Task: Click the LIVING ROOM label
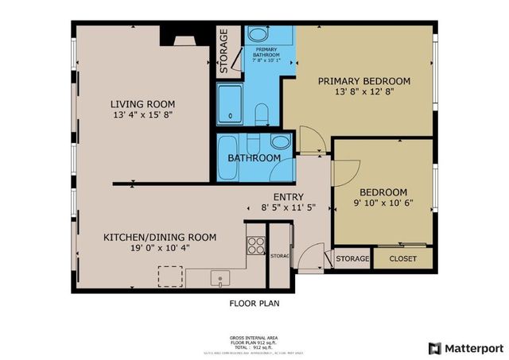(x=142, y=104)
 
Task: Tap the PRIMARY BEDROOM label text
(x=364, y=81)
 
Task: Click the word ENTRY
(x=288, y=197)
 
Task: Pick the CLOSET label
(x=402, y=259)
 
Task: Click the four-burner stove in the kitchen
(x=256, y=245)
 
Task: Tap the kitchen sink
(x=220, y=277)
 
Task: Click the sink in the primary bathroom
(x=258, y=35)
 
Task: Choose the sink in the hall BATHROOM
(x=280, y=143)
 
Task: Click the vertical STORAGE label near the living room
(x=224, y=51)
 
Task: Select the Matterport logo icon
(x=433, y=348)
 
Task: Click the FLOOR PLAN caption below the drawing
(x=254, y=303)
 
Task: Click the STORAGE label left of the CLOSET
(x=352, y=259)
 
